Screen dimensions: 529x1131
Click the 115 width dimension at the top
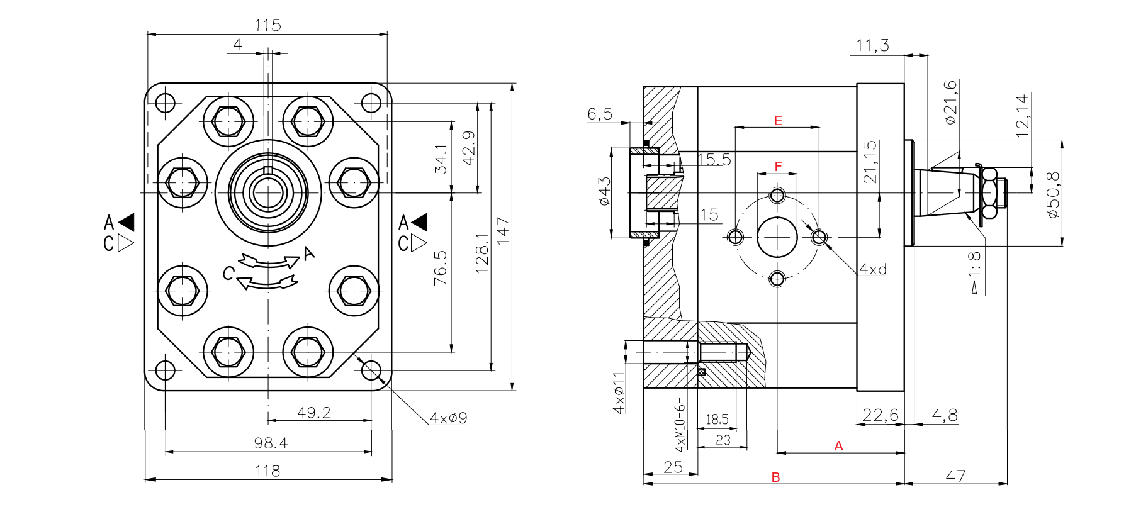click(x=267, y=26)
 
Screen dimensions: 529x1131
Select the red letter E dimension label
click(x=778, y=120)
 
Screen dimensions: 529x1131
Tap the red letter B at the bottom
click(x=775, y=477)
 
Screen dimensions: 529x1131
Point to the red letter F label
click(x=778, y=166)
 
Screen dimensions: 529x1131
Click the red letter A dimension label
click(x=838, y=446)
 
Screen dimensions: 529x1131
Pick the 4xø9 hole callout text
click(x=448, y=418)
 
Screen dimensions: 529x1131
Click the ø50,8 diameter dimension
click(x=1053, y=194)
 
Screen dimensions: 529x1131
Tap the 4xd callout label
click(x=873, y=269)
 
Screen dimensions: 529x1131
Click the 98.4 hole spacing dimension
click(x=271, y=443)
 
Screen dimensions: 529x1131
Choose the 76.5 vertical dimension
click(x=441, y=268)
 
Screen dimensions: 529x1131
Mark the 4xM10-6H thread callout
click(x=680, y=425)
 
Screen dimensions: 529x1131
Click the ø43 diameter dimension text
click(x=604, y=191)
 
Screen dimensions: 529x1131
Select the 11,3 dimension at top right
click(x=872, y=46)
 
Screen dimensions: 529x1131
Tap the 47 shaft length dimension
click(x=955, y=476)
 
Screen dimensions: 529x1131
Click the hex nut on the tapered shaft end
click(x=989, y=193)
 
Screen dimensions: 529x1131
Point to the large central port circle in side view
click(x=777, y=237)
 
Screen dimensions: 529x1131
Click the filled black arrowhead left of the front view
click(x=127, y=222)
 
